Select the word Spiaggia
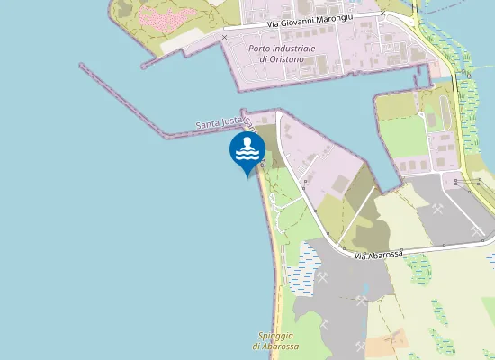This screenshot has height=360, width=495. [x=274, y=336]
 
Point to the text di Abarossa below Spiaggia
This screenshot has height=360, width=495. [x=275, y=346]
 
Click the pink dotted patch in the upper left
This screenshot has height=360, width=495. [x=171, y=18]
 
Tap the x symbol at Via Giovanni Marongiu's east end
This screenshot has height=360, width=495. [x=383, y=14]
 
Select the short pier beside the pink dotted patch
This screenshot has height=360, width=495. [x=162, y=59]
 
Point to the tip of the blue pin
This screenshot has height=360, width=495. [x=246, y=177]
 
